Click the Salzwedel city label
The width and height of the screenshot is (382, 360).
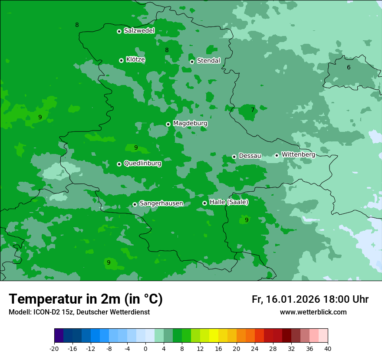point(139,31)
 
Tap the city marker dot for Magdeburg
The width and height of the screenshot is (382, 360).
point(168,124)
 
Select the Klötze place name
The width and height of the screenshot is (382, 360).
point(135,60)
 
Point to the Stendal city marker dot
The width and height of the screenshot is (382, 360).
point(192,62)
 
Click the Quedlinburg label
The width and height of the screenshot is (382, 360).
point(142,164)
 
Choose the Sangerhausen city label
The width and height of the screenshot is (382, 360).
point(161,203)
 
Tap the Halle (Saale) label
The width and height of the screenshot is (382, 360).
point(229,202)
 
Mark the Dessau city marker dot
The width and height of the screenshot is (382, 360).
point(234,157)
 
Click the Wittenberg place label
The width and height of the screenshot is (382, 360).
point(298,154)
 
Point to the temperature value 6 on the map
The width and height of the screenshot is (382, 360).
point(349,67)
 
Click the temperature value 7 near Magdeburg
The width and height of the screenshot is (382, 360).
point(253,110)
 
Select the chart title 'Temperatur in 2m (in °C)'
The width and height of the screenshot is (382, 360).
point(86,299)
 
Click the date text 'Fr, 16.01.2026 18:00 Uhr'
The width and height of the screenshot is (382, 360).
point(310,299)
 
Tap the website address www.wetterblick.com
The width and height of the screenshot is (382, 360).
point(313,312)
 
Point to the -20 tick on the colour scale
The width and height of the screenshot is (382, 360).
point(54,349)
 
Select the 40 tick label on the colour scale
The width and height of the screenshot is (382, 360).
point(327,349)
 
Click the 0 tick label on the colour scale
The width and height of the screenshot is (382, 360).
point(145,349)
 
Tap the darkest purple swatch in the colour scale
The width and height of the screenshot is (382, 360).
point(59,336)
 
